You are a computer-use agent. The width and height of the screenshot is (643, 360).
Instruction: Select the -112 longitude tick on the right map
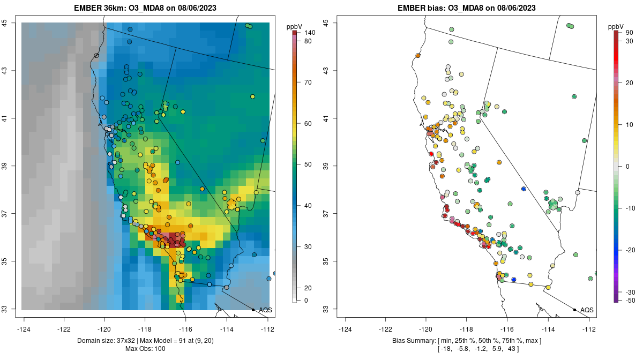[x=589, y=329]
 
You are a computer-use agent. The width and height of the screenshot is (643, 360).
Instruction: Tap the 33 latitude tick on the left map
[x=12, y=309]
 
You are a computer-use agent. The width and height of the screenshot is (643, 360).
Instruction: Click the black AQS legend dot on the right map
[x=574, y=310]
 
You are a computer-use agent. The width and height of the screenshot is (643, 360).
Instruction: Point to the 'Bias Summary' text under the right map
[x=415, y=341]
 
